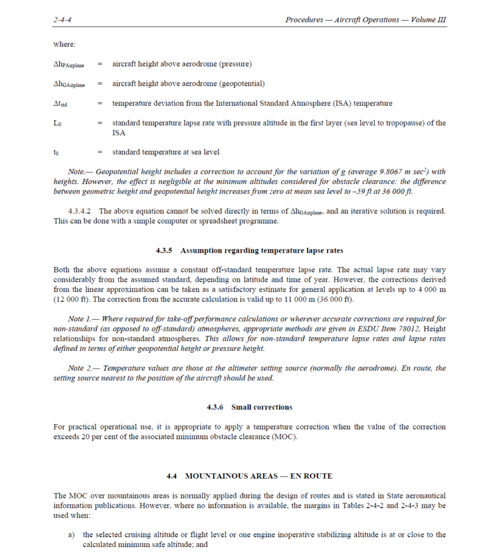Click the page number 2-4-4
[x=63, y=20]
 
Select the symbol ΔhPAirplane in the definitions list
[x=69, y=65]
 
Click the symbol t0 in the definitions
[x=56, y=153]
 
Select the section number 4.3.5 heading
[x=164, y=251]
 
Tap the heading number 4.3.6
[x=216, y=407]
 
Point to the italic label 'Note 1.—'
[x=84, y=319]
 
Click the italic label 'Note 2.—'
[x=84, y=368]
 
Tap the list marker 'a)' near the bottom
[x=72, y=535]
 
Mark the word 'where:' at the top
[x=64, y=44]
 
